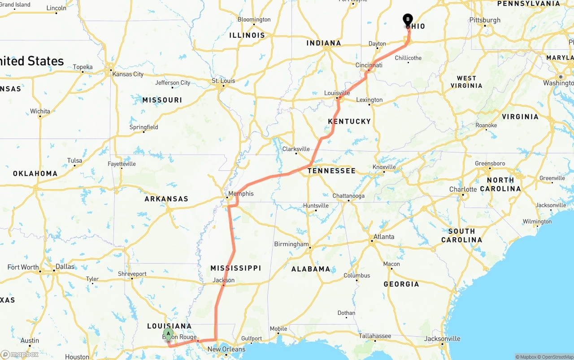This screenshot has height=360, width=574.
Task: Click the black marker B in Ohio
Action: (408, 19)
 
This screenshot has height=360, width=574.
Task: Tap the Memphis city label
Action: (241, 194)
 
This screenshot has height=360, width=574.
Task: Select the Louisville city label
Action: (337, 93)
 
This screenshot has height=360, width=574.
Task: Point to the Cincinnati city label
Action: (369, 65)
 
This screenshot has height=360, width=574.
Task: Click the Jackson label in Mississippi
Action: (224, 280)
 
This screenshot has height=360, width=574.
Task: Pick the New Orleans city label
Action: (226, 349)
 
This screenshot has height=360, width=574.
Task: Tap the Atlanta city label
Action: (384, 237)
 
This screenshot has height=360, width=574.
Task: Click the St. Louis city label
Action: (223, 81)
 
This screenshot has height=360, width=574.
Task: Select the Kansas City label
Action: (128, 74)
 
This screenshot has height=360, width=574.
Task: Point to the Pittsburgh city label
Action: (485, 20)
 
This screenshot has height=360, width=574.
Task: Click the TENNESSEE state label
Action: (332, 171)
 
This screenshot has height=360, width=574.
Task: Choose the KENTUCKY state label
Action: (349, 121)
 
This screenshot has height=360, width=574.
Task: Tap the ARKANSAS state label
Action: (166, 199)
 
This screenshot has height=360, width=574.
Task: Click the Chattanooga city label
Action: (348, 196)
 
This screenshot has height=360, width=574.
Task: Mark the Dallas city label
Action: (65, 266)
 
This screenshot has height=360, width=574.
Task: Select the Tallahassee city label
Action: (375, 336)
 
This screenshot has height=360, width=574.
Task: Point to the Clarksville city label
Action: (296, 149)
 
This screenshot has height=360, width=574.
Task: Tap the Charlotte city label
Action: (463, 190)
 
